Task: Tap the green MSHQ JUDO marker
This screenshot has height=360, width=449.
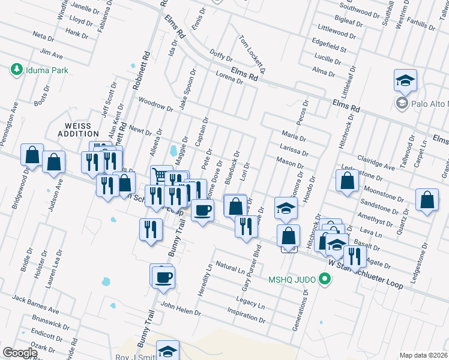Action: [x=325, y=279]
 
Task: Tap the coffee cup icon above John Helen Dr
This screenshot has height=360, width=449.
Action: [x=163, y=277]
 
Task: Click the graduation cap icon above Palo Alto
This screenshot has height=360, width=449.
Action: [x=405, y=80]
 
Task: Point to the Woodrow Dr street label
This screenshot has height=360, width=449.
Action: [x=155, y=104]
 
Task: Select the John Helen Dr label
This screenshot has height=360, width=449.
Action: [x=179, y=308]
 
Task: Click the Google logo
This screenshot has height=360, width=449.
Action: [x=20, y=353]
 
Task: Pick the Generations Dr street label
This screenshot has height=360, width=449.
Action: [x=299, y=311]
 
